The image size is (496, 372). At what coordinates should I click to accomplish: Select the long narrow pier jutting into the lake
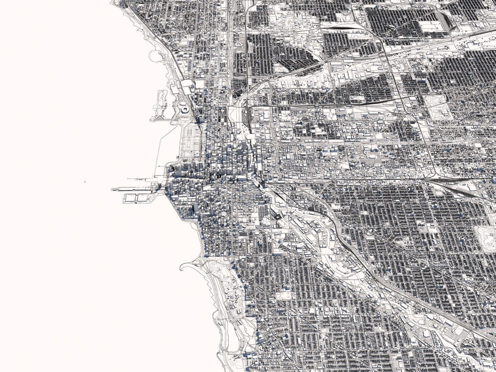[134, 189]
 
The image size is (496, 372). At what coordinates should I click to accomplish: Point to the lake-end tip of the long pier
[113, 189]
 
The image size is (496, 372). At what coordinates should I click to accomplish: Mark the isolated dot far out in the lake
[84, 179]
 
